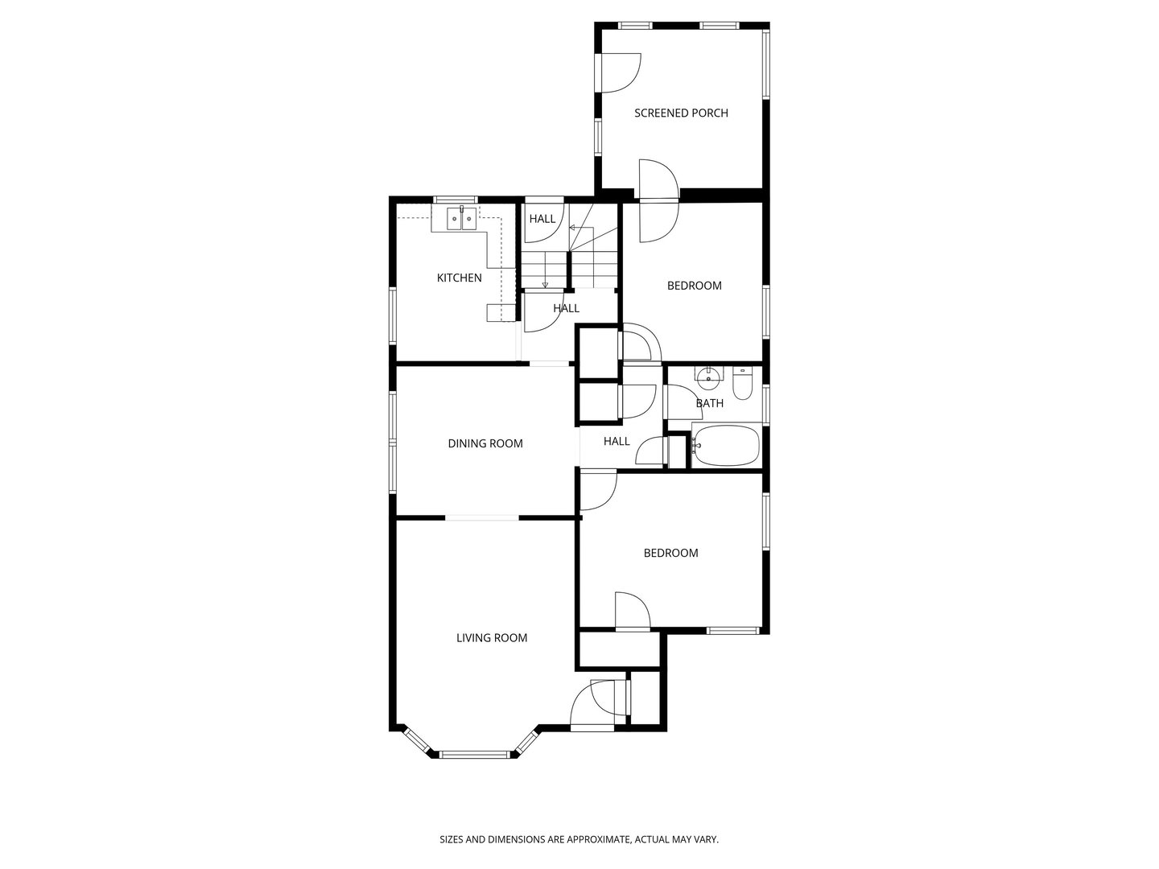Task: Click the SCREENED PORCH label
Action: [x=681, y=113]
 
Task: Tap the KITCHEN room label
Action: [x=459, y=278]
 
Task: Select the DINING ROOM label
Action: [x=485, y=443]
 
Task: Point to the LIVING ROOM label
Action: [x=492, y=638]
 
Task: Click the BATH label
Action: [x=710, y=403]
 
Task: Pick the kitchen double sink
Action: [x=460, y=219]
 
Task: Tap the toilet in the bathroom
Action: [x=742, y=384]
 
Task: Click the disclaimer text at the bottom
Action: [x=579, y=839]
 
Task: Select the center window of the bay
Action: [x=475, y=754]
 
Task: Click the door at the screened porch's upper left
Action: [x=621, y=72]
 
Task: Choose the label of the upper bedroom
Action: [x=695, y=286]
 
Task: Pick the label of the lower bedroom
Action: [x=670, y=553]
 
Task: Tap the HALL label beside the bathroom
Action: [x=617, y=441]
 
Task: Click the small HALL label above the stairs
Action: [x=542, y=219]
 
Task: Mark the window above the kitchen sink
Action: [x=456, y=200]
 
